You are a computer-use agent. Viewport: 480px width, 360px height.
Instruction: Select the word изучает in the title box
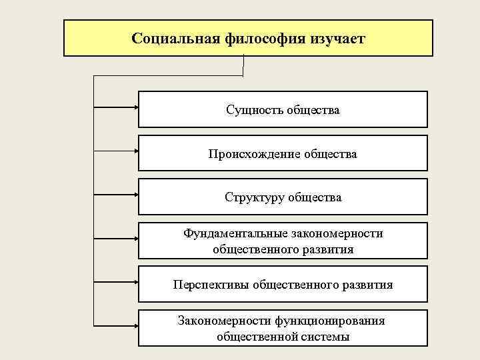337,38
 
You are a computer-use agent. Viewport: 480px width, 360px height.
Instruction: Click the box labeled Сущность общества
283,109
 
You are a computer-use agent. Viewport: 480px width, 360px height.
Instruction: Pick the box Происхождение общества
283,154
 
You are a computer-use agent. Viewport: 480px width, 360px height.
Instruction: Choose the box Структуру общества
283,197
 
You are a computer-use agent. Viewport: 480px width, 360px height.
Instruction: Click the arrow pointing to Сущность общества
116,105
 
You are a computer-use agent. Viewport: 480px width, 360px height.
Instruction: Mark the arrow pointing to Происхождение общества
116,149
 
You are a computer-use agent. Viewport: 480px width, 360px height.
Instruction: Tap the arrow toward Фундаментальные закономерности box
116,237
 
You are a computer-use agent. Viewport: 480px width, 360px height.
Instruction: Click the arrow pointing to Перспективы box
116,281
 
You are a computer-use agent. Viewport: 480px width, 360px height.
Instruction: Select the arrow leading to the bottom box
116,325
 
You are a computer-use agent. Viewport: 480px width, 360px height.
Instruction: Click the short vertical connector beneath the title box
245,65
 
